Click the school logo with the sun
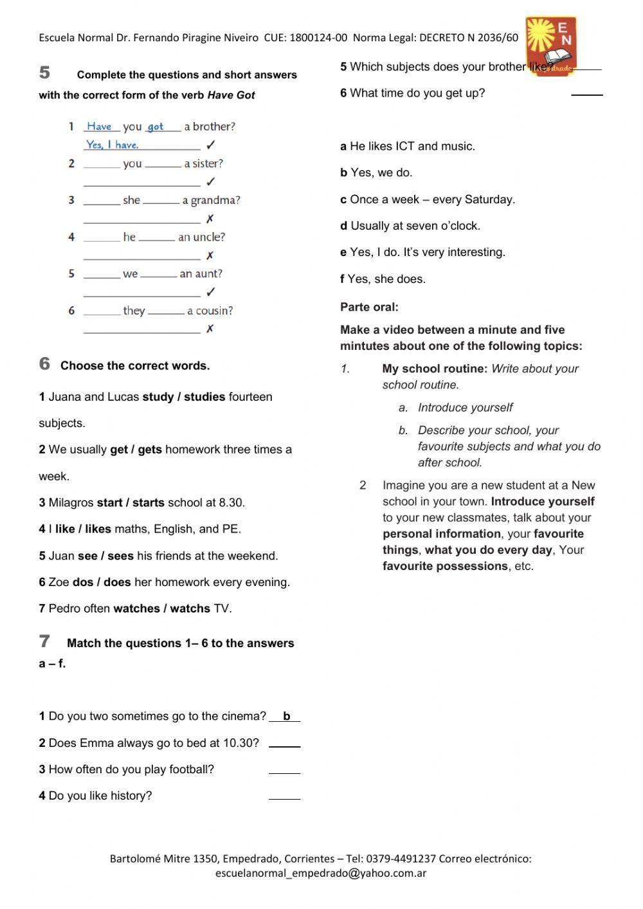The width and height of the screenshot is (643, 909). pyautogui.click(x=550, y=45)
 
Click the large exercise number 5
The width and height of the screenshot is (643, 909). pyautogui.click(x=44, y=72)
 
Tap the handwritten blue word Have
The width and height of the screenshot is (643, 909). pyautogui.click(x=99, y=126)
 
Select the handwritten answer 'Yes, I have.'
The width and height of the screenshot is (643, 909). pyautogui.click(x=113, y=145)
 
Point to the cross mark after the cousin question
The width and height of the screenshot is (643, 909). pyautogui.click(x=210, y=329)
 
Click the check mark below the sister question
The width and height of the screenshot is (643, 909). pyautogui.click(x=210, y=182)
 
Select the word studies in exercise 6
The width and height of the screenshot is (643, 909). pyautogui.click(x=204, y=397)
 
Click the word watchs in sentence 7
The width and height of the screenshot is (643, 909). pyautogui.click(x=190, y=609)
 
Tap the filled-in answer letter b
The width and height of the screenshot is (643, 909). pyautogui.click(x=286, y=716)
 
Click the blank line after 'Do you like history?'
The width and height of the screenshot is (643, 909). pyautogui.click(x=284, y=797)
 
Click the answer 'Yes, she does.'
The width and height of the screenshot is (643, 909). pyautogui.click(x=386, y=279)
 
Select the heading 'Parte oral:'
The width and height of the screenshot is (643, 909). pyautogui.click(x=369, y=308)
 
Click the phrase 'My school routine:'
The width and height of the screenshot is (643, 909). pyautogui.click(x=435, y=369)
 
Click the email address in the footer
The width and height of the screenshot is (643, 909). pyautogui.click(x=321, y=874)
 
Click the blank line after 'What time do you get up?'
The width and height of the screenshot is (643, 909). pyautogui.click(x=586, y=94)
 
